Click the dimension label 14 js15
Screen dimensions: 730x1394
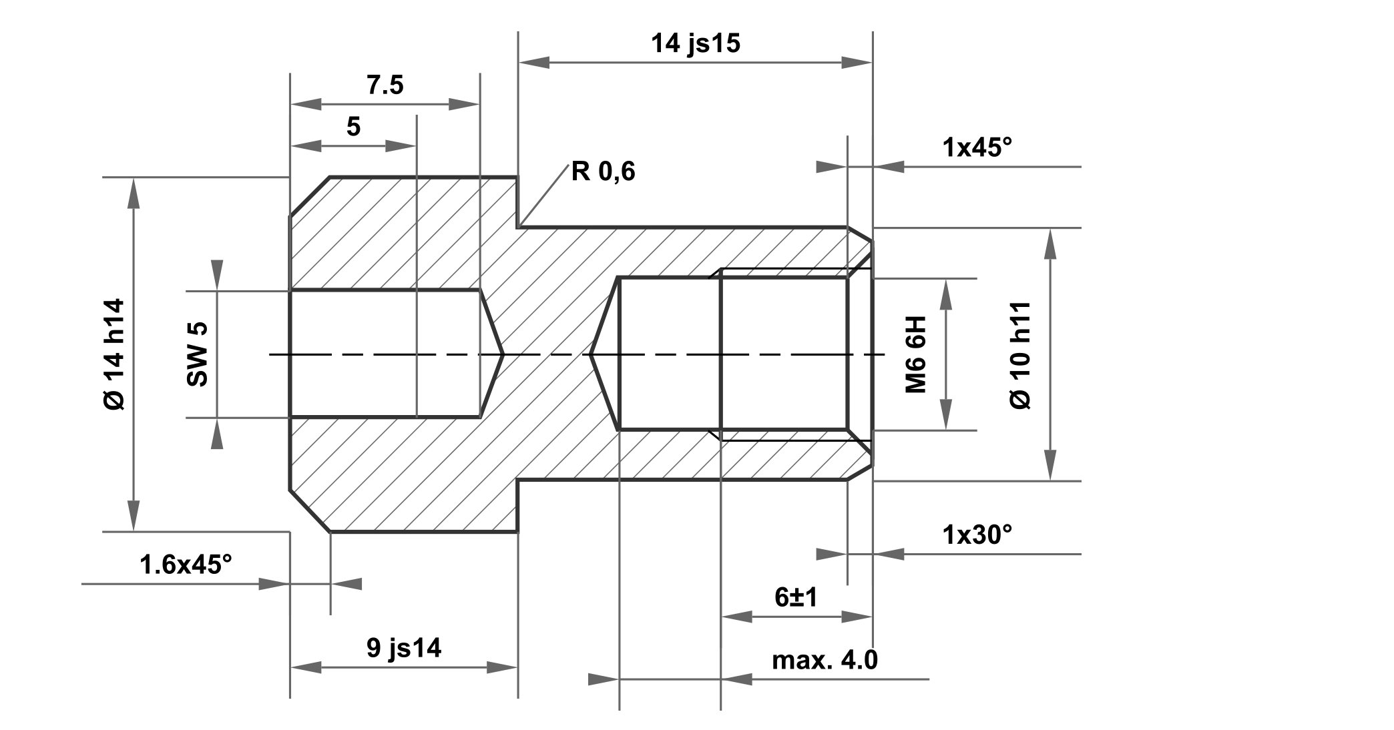point(695,44)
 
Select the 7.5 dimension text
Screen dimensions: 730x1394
point(385,85)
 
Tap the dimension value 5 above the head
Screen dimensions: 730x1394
point(353,126)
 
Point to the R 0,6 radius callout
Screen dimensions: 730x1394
point(603,172)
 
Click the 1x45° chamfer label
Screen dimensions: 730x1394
point(977,147)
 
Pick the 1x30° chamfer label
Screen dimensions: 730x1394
point(977,534)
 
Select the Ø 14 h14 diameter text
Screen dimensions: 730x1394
point(114,354)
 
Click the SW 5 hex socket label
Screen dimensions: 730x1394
point(198,354)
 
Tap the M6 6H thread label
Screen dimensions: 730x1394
point(916,354)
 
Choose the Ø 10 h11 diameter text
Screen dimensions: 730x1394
point(1021,354)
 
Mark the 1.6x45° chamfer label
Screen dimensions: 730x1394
point(186,565)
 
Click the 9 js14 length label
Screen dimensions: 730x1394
point(403,648)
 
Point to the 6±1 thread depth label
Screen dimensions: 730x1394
point(796,597)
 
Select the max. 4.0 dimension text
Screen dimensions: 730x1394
point(825,660)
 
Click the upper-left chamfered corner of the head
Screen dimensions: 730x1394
point(309,197)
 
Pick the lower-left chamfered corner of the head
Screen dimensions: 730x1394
point(309,512)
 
